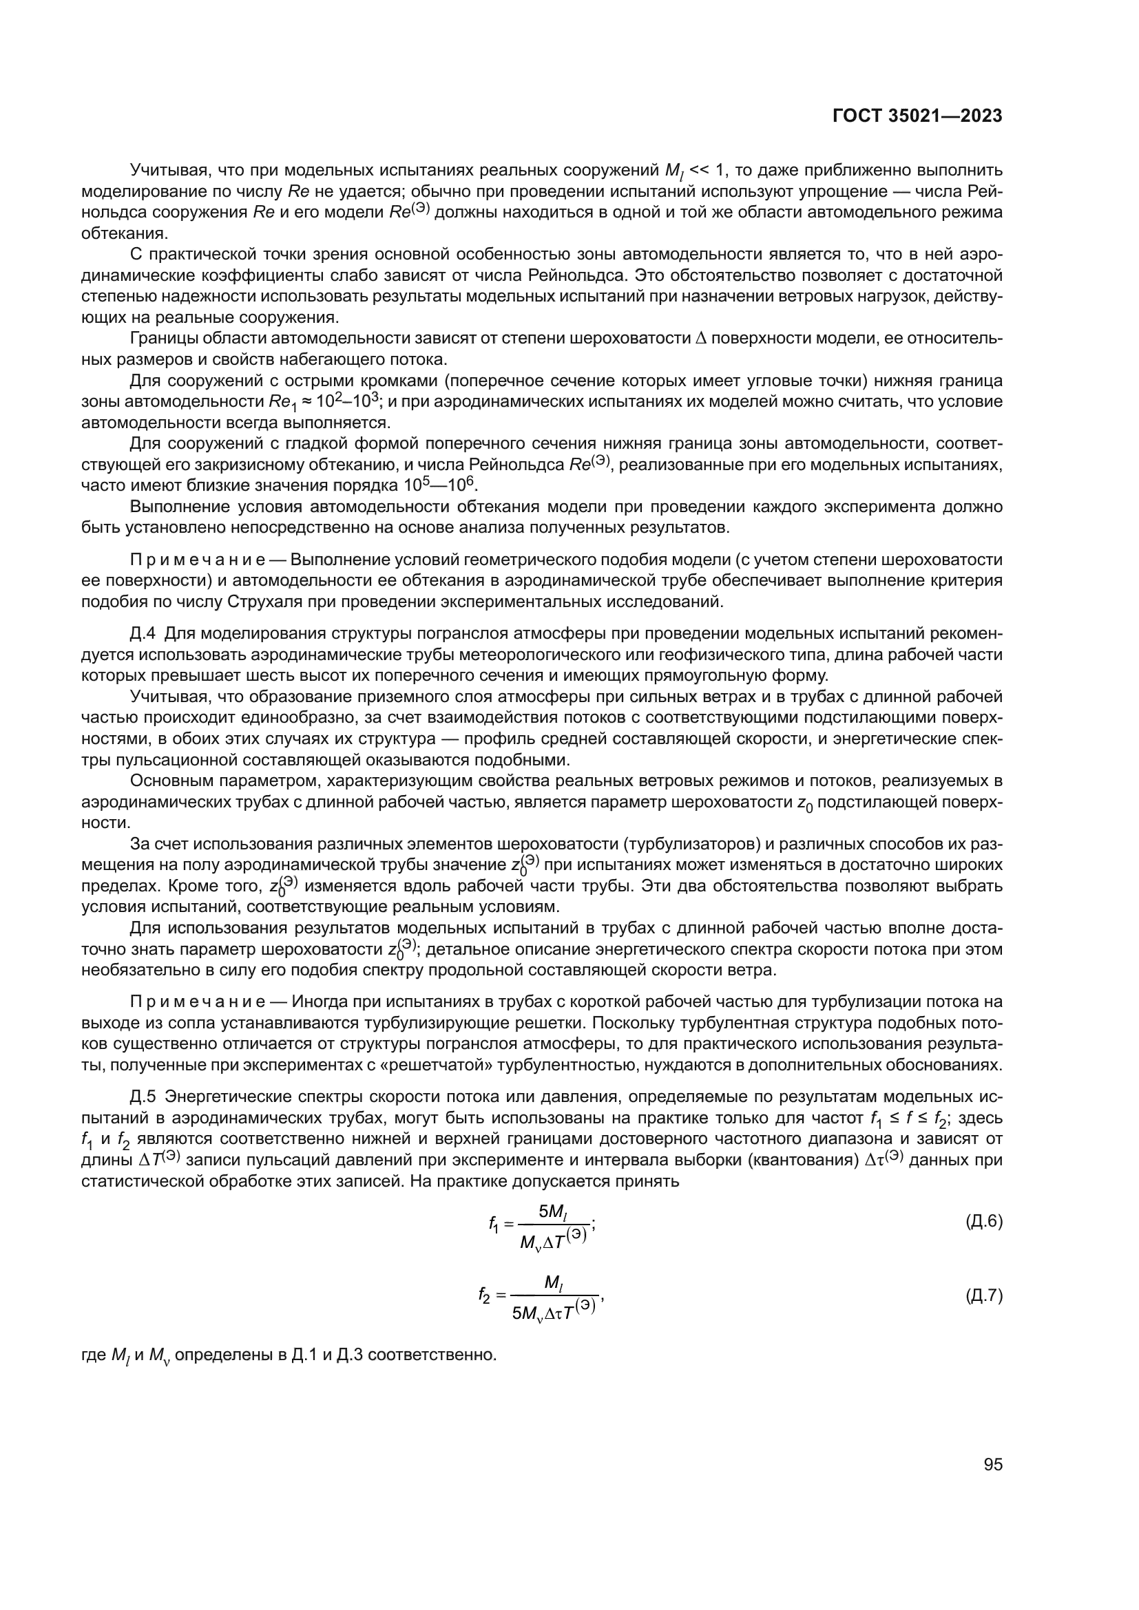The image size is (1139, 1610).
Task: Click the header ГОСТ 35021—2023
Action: (x=917, y=116)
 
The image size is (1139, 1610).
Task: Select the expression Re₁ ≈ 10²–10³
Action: (x=325, y=402)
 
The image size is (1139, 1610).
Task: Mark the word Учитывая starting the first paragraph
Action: (x=169, y=170)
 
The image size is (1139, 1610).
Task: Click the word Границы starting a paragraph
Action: (x=163, y=339)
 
